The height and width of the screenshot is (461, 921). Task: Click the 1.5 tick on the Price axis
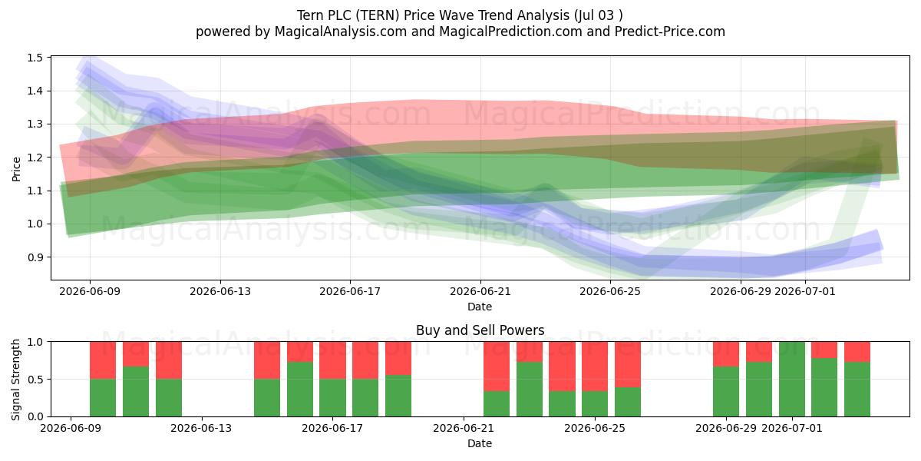(x=35, y=58)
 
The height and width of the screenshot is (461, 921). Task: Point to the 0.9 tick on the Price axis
(x=35, y=257)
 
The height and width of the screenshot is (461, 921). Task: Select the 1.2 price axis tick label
(x=35, y=158)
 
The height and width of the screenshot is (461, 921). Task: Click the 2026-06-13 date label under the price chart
(x=220, y=291)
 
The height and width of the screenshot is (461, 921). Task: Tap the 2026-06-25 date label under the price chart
(x=610, y=291)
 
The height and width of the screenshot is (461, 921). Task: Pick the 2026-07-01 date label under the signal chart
(x=792, y=428)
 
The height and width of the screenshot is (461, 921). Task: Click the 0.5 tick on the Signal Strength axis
(x=35, y=379)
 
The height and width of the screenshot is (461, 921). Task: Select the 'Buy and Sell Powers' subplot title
(x=480, y=330)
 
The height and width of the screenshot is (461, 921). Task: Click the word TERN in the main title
(x=378, y=15)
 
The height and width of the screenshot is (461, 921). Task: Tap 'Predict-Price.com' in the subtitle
(x=670, y=32)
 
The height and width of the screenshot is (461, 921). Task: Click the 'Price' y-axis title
(x=16, y=169)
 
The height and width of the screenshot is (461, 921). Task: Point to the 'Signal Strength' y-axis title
(x=15, y=380)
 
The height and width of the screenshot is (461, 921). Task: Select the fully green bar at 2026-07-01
(x=792, y=379)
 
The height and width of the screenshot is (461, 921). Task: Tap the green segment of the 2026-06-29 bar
(x=726, y=391)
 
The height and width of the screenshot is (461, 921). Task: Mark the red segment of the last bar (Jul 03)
(x=857, y=352)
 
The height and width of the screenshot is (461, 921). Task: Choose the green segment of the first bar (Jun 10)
(x=103, y=398)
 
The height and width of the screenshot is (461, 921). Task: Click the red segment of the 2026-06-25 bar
(x=628, y=364)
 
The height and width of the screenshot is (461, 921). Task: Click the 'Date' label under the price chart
(x=480, y=307)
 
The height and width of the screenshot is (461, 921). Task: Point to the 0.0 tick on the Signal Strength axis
(x=35, y=416)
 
